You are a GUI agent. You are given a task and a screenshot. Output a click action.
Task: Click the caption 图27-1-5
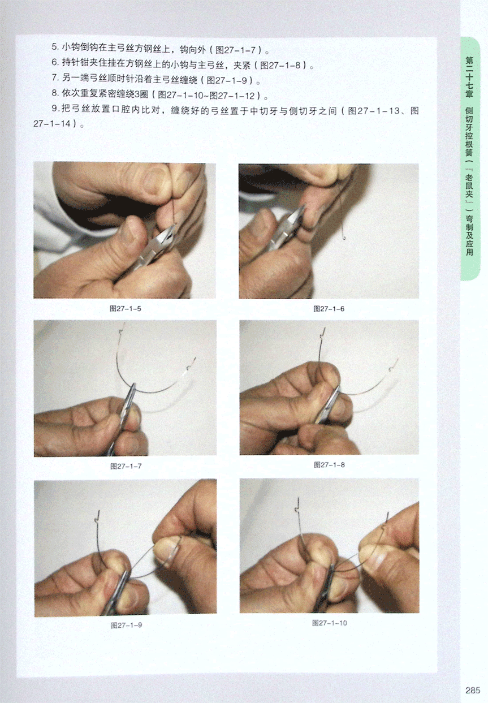125,308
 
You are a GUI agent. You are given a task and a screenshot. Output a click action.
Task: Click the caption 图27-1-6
329,309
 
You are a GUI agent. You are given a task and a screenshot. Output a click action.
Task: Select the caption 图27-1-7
126,467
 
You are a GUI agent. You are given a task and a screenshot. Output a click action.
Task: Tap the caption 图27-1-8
329,465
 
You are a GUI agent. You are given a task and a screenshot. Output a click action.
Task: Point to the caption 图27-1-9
126,626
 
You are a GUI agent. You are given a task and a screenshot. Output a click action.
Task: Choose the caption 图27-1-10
330,623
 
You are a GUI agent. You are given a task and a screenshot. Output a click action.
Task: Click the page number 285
473,690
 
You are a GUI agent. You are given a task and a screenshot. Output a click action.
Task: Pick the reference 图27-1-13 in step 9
374,111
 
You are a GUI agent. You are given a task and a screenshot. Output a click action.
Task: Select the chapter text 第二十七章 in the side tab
469,77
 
